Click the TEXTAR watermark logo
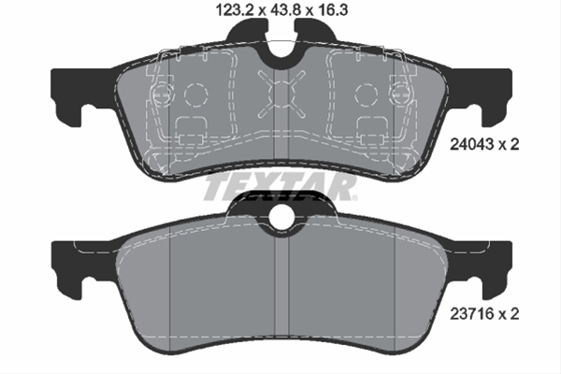pos(280,188)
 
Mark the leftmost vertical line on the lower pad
pos(167,280)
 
